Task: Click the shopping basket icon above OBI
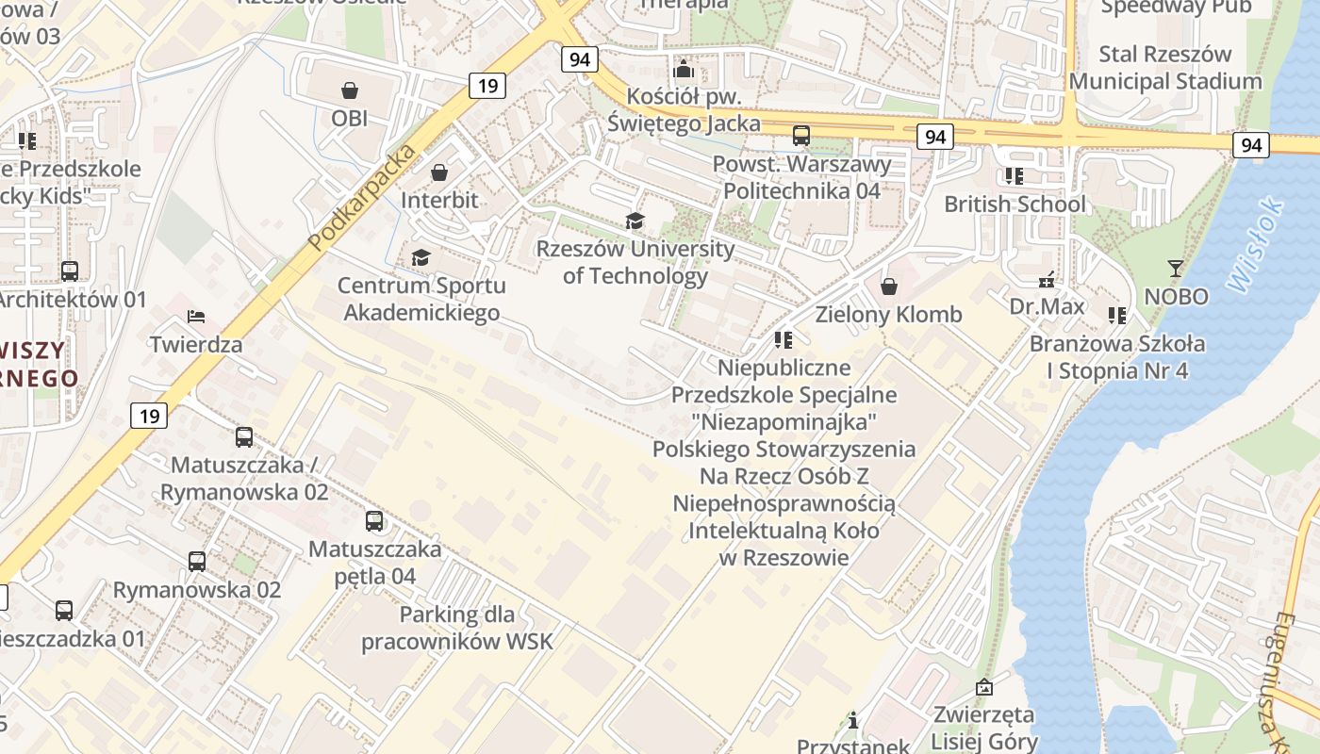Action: coord(350,90)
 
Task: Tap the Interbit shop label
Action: coord(439,200)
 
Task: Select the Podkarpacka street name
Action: coord(362,199)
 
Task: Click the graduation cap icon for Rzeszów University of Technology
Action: coord(635,221)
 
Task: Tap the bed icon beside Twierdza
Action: coord(196,317)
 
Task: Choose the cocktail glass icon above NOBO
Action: coord(1175,269)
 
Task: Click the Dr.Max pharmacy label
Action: coord(1047,306)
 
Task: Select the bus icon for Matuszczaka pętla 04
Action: coord(374,520)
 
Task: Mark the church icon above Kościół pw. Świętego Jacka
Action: coord(684,70)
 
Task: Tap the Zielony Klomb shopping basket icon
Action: coord(888,287)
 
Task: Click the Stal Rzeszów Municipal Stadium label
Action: coord(1164,68)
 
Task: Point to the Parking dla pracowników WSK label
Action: coord(457,629)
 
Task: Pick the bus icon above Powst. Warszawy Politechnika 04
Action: coord(800,136)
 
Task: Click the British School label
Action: coord(1015,204)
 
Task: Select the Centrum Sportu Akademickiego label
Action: coord(421,299)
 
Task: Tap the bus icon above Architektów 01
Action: coord(70,271)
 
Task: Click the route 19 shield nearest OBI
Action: coord(487,86)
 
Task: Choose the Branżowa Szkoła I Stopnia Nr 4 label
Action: coord(1116,356)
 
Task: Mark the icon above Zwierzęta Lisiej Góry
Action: coord(984,687)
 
